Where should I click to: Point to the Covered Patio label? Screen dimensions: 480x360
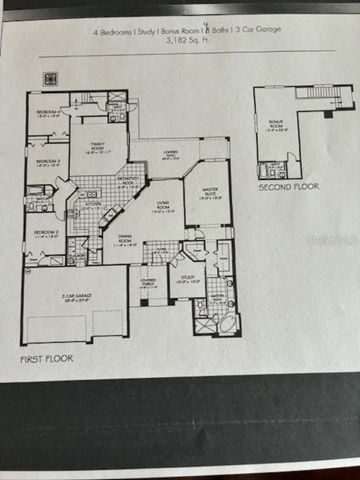pos(170,156)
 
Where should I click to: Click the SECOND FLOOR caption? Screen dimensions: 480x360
pos(287,187)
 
